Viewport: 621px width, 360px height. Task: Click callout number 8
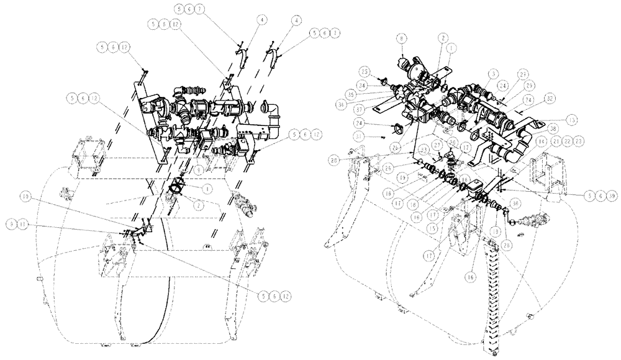[402, 55]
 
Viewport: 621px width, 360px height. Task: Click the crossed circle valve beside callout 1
[177, 186]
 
